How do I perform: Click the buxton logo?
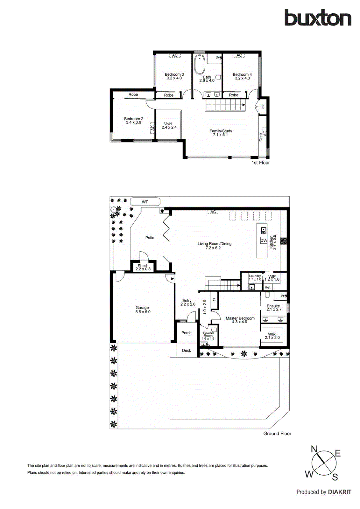(318, 18)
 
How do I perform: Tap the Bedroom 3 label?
(174, 76)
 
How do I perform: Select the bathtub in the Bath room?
(200, 65)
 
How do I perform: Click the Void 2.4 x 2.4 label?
(169, 126)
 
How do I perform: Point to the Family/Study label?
(221, 133)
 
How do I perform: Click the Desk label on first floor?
(261, 137)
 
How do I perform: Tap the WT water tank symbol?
(145, 202)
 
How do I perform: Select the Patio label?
(150, 238)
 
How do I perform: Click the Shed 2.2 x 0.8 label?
(143, 267)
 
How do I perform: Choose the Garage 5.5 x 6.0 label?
(143, 310)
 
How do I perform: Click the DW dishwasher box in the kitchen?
(264, 241)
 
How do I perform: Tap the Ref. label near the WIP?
(268, 287)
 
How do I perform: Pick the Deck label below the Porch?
(187, 351)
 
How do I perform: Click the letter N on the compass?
(314, 449)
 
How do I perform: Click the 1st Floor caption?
(260, 163)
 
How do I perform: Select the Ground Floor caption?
(277, 434)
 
